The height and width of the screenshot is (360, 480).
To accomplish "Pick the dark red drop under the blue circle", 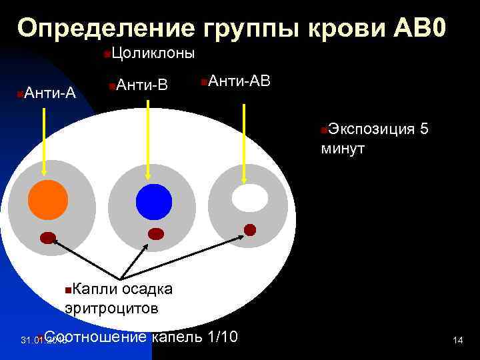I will pyautogui.click(x=155, y=233).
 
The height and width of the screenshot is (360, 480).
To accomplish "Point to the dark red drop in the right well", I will pyautogui.click(x=250, y=230).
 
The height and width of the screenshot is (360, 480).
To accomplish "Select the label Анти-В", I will pyautogui.click(x=141, y=85).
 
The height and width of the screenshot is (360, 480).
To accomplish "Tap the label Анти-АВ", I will pyautogui.click(x=238, y=81).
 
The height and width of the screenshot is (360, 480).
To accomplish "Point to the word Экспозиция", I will pyautogui.click(x=371, y=129).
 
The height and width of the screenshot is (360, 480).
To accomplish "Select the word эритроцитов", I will pyautogui.click(x=111, y=308).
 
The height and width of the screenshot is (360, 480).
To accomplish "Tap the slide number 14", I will pyautogui.click(x=457, y=341).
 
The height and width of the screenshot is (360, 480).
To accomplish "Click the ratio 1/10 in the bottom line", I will pyautogui.click(x=222, y=335).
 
